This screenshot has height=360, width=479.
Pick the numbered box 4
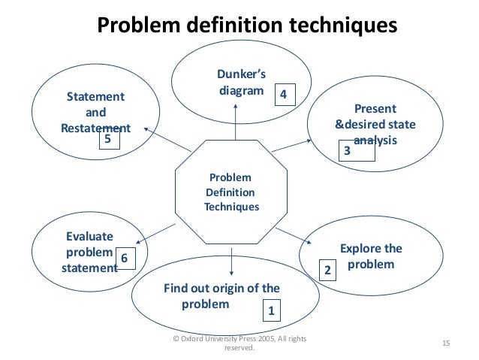(283, 95)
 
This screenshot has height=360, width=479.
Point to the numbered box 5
(110, 140)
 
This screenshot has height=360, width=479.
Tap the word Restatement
(95, 127)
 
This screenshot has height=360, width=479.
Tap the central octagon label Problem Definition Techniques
(231, 192)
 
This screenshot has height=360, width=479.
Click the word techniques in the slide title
(336, 26)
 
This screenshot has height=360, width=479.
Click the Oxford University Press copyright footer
(239, 343)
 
